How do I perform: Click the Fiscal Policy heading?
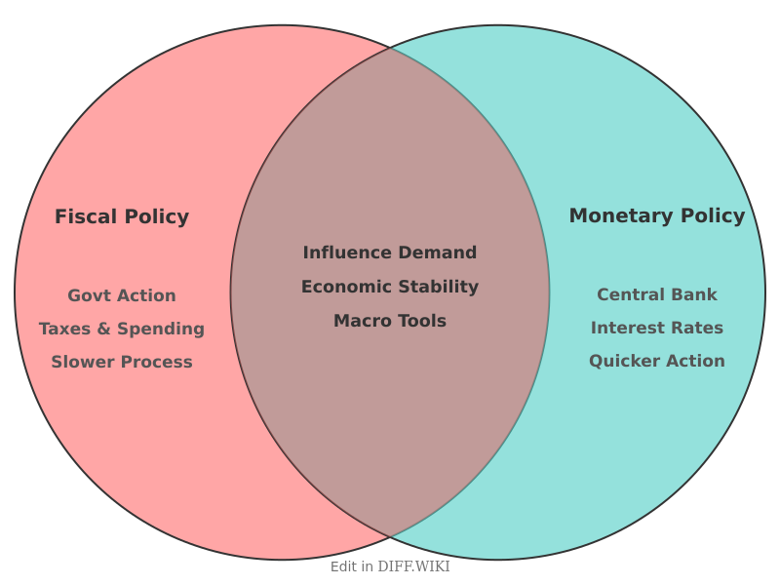pos(122,216)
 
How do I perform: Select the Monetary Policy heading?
pos(656,215)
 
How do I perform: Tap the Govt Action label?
pos(122,295)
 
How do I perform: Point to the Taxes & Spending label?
pos(122,329)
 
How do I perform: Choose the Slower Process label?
pos(122,362)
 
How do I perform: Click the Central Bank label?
pos(656,294)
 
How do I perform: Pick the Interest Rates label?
pos(656,328)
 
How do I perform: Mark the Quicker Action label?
pos(656,361)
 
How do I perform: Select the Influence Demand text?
pos(390,253)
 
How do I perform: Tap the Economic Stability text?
pos(390,287)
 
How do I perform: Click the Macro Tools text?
pos(390,321)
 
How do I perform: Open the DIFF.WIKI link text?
pos(413,566)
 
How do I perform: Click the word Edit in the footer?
pos(343,566)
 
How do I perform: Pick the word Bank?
pos(696,294)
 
